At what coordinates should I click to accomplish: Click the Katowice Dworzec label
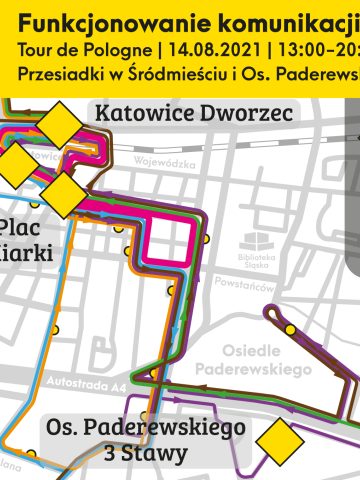[194, 114]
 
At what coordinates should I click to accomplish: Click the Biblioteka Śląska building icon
[256, 241]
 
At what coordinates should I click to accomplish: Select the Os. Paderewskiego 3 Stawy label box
[146, 439]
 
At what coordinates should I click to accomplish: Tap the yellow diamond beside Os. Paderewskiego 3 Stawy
[280, 440]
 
